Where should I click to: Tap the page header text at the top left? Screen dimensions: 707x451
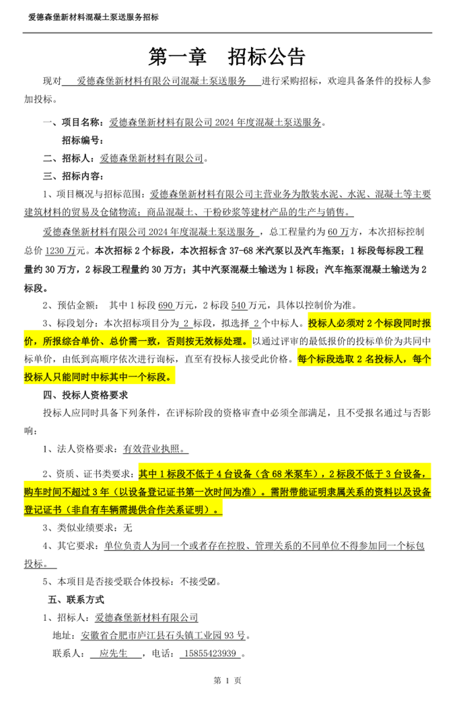pyautogui.click(x=94, y=17)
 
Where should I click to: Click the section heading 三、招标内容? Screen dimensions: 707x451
pyautogui.click(x=73, y=176)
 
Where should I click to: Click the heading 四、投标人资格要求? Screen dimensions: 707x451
pyautogui.click(x=85, y=394)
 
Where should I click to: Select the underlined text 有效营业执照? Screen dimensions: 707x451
pyautogui.click(x=153, y=449)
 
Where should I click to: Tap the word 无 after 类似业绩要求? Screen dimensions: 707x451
pyautogui.click(x=129, y=528)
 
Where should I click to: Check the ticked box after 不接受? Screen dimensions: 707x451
pyautogui.click(x=212, y=581)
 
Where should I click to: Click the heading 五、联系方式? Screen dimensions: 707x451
pyautogui.click(x=76, y=599)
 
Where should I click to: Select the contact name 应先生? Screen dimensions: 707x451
pyautogui.click(x=113, y=653)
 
